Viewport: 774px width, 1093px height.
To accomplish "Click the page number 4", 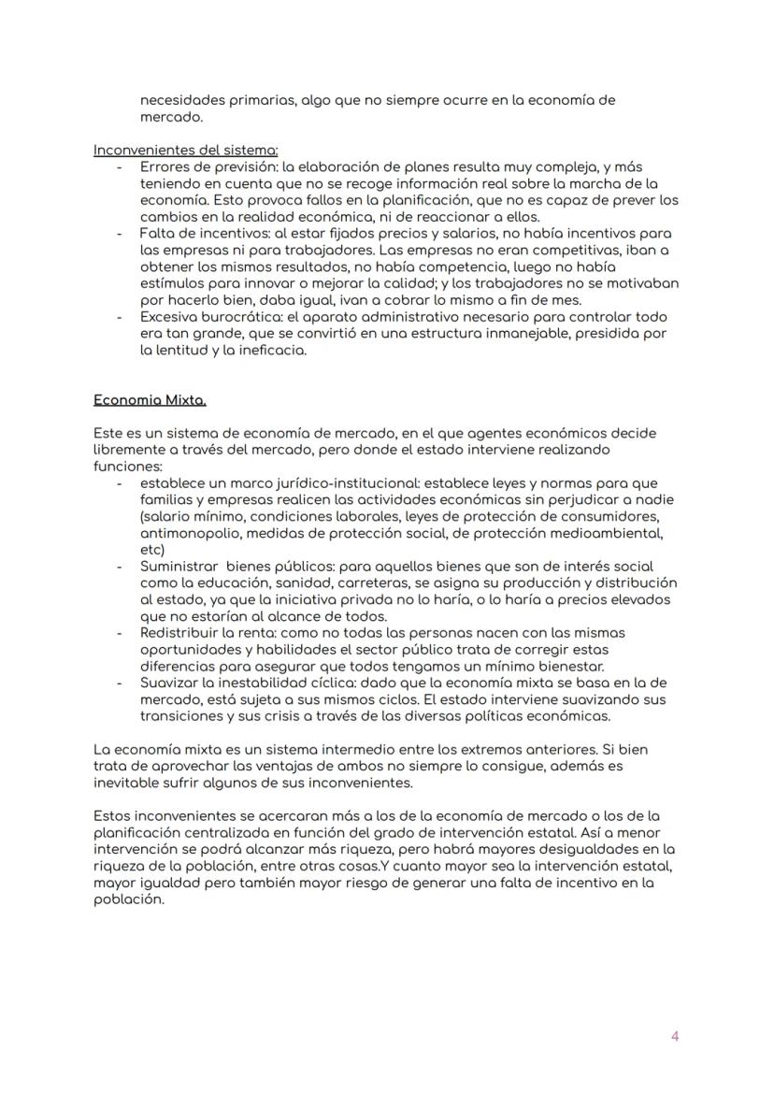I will (x=675, y=1036).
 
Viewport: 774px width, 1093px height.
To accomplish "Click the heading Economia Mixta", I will (x=150, y=400).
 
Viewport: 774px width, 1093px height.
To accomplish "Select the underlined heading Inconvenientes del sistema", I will (x=185, y=150).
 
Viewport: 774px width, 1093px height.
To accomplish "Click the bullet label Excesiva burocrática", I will (x=199, y=317).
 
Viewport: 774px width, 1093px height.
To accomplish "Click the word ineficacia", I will (x=274, y=351).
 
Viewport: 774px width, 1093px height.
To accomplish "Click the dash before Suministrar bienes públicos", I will (x=120, y=567).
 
